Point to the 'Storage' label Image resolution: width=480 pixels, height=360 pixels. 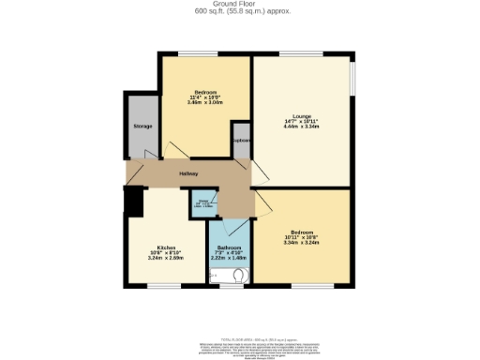click(x=142, y=126)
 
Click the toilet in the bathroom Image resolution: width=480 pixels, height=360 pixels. click(x=240, y=276)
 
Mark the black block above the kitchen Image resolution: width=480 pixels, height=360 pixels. click(x=134, y=201)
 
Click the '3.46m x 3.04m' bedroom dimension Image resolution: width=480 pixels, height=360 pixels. click(x=205, y=103)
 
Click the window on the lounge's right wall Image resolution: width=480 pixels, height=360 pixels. click(x=352, y=75)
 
